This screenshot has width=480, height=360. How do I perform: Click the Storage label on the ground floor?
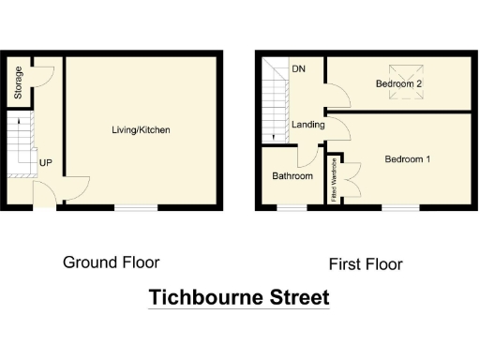(x=17, y=82)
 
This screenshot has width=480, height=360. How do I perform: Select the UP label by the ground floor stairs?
(x=45, y=163)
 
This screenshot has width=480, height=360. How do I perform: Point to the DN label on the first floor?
(x=298, y=69)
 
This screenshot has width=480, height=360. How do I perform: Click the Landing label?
(x=308, y=125)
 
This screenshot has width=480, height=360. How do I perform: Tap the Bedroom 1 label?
(x=408, y=158)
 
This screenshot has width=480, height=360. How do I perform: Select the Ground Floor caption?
(x=111, y=262)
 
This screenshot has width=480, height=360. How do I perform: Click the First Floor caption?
(x=366, y=264)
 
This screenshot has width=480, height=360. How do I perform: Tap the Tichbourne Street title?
(x=239, y=298)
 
